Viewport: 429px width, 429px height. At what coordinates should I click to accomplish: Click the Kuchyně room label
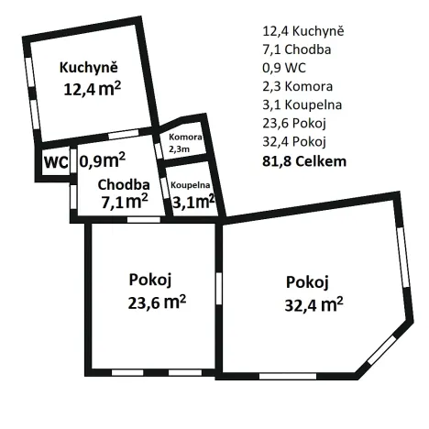pyautogui.click(x=89, y=67)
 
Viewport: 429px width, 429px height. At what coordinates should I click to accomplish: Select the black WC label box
pyautogui.click(x=55, y=162)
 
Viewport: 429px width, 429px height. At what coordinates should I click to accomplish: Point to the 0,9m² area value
pyautogui.click(x=102, y=160)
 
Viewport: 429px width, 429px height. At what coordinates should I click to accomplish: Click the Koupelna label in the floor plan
pyautogui.click(x=191, y=183)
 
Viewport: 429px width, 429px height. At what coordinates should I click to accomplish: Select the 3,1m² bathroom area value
pyautogui.click(x=192, y=198)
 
